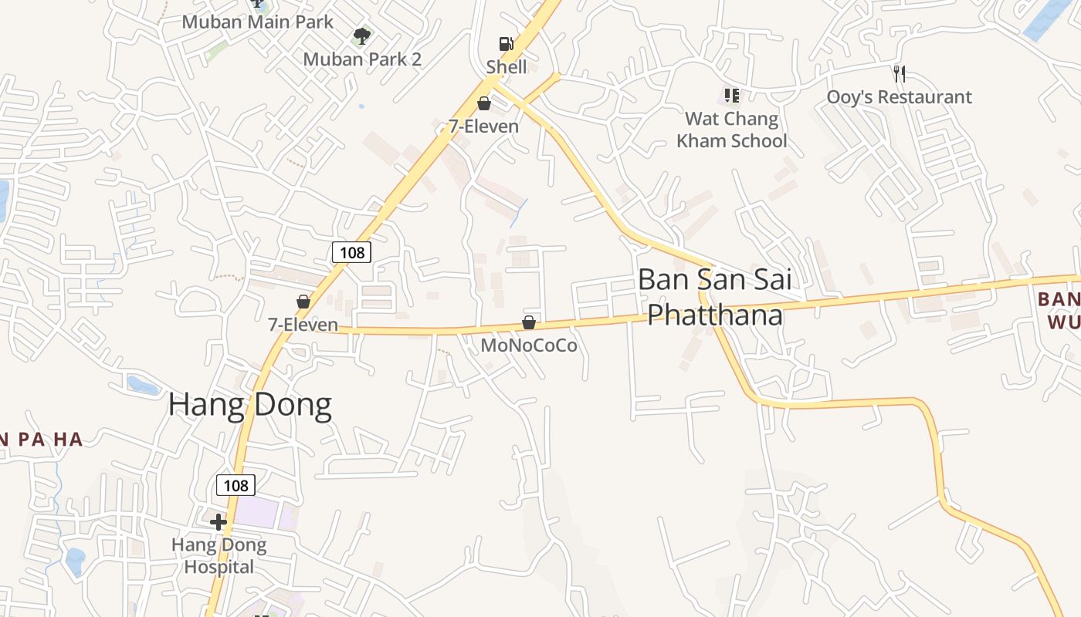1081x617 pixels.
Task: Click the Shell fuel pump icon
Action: tap(506, 45)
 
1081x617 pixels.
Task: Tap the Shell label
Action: tap(507, 67)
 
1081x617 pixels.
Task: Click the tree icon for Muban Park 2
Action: tap(361, 35)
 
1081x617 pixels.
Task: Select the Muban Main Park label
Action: tap(257, 22)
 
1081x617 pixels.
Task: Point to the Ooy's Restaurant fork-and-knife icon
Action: tap(899, 74)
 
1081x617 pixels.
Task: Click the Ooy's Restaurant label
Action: tap(899, 97)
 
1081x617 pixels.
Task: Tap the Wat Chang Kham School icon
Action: tap(731, 96)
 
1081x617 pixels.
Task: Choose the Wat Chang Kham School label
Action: tap(731, 130)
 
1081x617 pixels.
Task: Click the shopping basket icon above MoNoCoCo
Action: tap(529, 322)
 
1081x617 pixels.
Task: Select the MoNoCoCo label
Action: tap(529, 346)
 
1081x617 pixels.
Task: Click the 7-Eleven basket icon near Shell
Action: tap(484, 103)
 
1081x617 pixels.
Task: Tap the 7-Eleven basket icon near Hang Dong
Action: tap(303, 302)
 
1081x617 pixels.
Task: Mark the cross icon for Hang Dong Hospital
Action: tap(219, 522)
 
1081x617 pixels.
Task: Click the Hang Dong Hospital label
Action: tap(219, 556)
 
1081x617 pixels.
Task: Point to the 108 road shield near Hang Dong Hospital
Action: tap(236, 484)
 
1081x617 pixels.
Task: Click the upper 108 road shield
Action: tap(351, 251)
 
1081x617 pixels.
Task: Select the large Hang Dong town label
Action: tap(250, 405)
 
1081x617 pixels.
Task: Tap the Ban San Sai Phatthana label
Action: tap(715, 297)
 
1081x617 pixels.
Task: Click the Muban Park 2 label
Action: tap(362, 59)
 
